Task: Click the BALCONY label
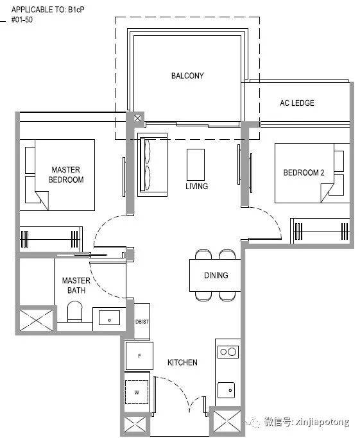click(x=187, y=76)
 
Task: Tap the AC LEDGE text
click(x=297, y=103)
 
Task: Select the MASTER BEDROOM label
click(x=66, y=174)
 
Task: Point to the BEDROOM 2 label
click(x=304, y=173)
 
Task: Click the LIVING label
click(x=197, y=186)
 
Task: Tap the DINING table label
click(x=216, y=275)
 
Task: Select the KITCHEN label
click(x=182, y=362)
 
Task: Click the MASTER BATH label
click(x=76, y=285)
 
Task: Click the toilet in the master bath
click(x=74, y=312)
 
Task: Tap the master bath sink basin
click(x=110, y=317)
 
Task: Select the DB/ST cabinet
click(x=142, y=321)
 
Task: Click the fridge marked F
click(x=139, y=356)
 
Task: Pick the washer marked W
click(x=137, y=392)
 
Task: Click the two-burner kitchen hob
click(x=228, y=351)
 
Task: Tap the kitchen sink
click(x=226, y=391)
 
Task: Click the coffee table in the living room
click(x=196, y=165)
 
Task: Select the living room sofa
click(x=152, y=165)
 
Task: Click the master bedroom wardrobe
click(x=51, y=239)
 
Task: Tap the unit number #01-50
click(x=22, y=19)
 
